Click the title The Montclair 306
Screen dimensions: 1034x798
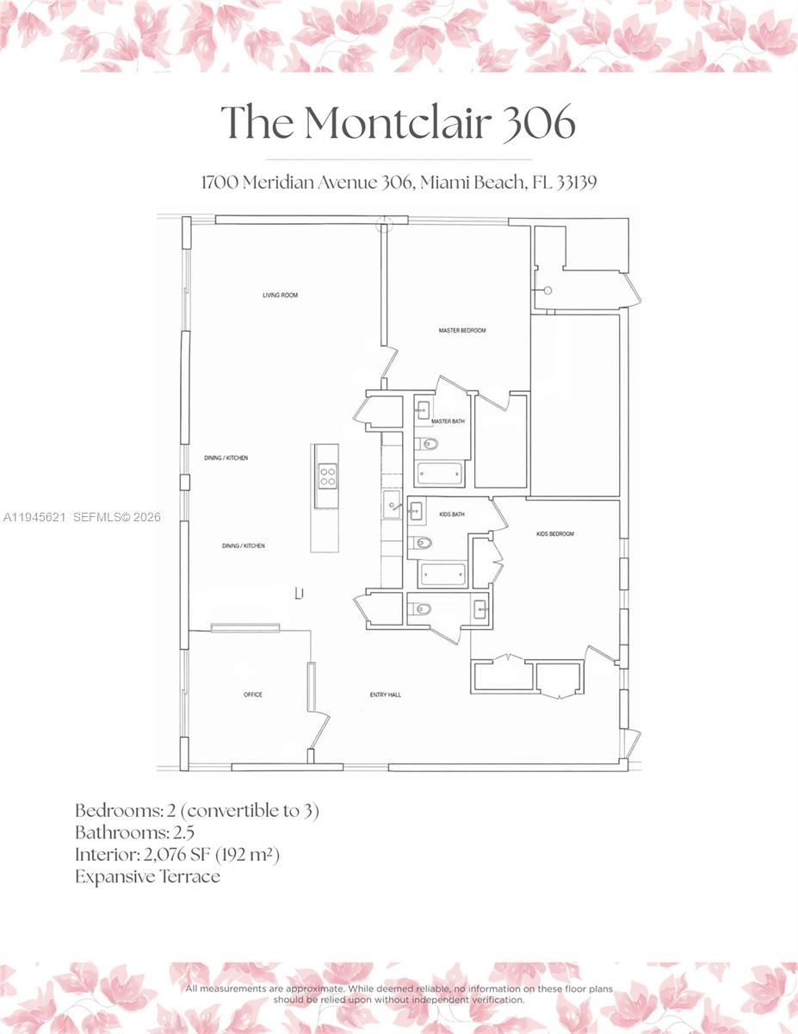(x=399, y=122)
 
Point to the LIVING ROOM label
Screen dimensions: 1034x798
(x=280, y=296)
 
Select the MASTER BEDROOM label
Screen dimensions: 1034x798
(x=462, y=331)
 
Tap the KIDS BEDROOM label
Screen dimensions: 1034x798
(x=554, y=534)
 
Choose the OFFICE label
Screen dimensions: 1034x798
(x=252, y=695)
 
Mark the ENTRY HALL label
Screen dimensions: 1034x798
(x=385, y=695)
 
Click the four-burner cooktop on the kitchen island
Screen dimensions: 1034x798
(x=327, y=476)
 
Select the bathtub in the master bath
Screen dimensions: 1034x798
(x=440, y=474)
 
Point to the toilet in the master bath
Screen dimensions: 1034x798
(x=428, y=445)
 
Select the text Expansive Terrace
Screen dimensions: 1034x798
(x=147, y=877)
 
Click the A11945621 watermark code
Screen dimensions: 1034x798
(x=34, y=518)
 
